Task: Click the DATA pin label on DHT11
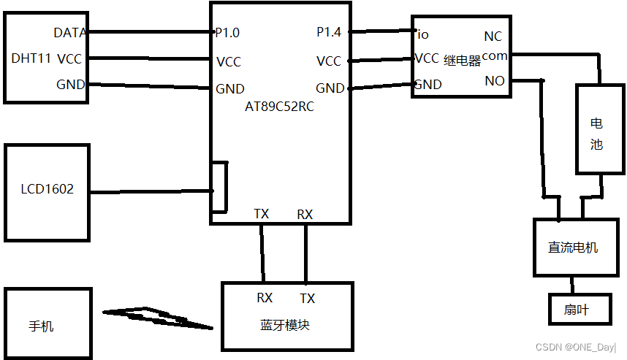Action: point(69,33)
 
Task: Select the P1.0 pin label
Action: point(227,33)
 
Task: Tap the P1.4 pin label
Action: point(329,32)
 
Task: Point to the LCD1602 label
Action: point(47,190)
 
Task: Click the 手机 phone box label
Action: point(41,326)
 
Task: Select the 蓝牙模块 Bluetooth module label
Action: point(284,325)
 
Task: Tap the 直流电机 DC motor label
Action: point(573,248)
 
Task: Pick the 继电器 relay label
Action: point(462,61)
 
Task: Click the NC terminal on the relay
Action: point(493,37)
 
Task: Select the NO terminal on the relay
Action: point(494,82)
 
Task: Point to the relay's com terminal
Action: point(495,56)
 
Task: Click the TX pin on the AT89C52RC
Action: point(261,214)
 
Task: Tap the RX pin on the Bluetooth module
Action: point(265,298)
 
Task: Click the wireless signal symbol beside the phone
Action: point(156,317)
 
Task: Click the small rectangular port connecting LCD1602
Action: point(218,188)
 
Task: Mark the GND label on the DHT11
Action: point(70,85)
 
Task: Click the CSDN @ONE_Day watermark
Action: point(576,348)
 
